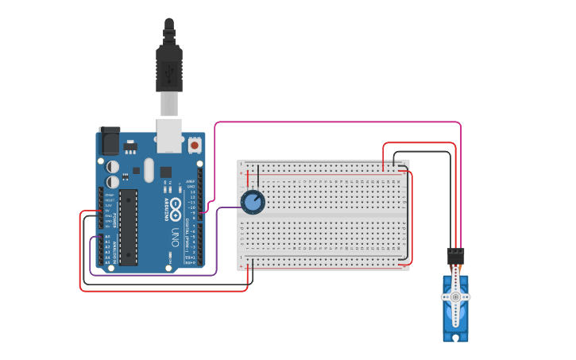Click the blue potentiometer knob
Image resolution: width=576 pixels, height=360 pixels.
point(253,203)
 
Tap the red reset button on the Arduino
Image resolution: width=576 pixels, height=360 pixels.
point(195,145)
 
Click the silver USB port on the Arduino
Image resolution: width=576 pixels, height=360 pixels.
point(169,135)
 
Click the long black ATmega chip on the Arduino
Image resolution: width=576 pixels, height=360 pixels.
point(129,226)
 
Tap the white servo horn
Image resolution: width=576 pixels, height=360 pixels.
point(455,296)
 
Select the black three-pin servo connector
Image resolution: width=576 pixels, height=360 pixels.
point(455,256)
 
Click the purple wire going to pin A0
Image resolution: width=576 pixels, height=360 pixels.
point(159,275)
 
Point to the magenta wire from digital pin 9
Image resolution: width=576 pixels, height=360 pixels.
point(334,122)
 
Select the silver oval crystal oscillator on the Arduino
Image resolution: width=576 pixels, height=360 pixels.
point(149,169)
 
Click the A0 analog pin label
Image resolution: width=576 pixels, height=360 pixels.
point(108,236)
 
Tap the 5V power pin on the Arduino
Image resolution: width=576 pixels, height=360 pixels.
point(108,211)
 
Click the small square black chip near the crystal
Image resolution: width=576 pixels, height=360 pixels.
point(165,172)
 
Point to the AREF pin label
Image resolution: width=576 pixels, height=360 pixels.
point(191,181)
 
